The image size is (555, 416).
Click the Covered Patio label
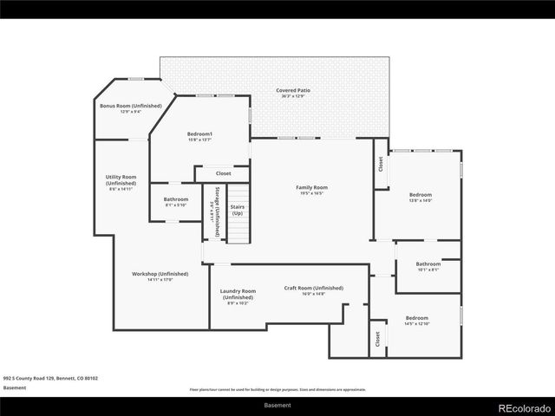point(293,90)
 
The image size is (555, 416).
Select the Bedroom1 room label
point(199,133)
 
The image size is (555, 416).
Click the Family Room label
point(311,187)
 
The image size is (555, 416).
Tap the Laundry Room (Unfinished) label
point(237,294)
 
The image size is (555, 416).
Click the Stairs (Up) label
point(237,210)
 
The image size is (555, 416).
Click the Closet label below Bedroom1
point(223,173)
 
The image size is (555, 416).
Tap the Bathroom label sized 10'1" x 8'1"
point(428,263)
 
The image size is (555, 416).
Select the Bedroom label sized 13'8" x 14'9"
point(421,195)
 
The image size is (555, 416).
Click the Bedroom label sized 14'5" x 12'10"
point(415,318)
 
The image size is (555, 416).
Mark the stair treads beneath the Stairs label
point(238,231)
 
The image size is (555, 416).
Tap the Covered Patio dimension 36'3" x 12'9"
point(293,96)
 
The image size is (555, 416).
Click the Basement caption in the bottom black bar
point(277,405)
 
